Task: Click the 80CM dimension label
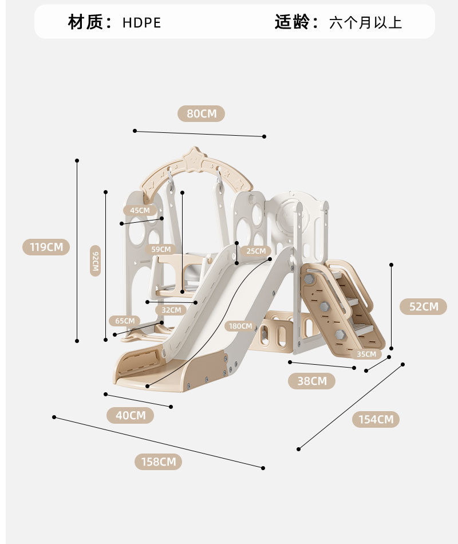click(201, 113)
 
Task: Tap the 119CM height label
click(46, 247)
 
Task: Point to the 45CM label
click(140, 210)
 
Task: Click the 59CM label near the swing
click(161, 249)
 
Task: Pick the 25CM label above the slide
click(255, 251)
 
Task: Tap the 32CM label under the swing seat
click(171, 310)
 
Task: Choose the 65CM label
click(124, 321)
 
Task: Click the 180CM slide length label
click(240, 326)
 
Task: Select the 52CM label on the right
click(423, 306)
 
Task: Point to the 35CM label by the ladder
click(366, 354)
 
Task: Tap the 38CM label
click(311, 381)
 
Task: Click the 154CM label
click(376, 419)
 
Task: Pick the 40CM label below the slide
click(131, 415)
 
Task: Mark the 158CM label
click(159, 462)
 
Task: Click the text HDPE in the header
click(141, 23)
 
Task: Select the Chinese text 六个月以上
click(365, 23)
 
